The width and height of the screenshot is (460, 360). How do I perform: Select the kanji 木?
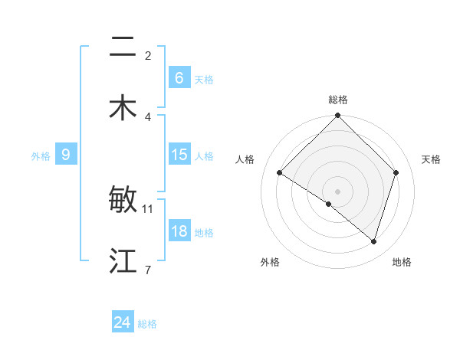coord(123,107)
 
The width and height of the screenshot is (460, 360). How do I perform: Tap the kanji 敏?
coord(123,200)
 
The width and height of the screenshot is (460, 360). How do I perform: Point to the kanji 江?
coord(123,260)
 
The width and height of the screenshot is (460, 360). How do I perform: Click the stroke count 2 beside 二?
coord(148,55)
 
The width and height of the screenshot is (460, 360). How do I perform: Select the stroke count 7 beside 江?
coord(148,270)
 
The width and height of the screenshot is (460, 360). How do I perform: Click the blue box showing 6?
coord(179,77)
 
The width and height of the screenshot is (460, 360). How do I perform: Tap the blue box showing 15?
coord(179,155)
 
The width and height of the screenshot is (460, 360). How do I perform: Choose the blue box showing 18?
coord(179,231)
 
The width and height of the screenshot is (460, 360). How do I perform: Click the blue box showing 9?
coord(66,155)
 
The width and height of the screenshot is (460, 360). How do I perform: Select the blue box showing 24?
coord(122,322)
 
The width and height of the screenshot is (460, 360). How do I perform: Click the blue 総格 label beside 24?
coord(147,324)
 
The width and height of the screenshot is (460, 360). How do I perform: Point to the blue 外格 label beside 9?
coord(41,156)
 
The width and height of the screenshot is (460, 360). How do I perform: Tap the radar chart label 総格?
coord(338,100)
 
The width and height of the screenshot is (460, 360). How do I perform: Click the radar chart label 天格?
coord(432,159)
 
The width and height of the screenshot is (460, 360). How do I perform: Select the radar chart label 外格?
coord(270,262)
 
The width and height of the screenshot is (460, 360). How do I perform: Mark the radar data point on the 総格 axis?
coord(337,116)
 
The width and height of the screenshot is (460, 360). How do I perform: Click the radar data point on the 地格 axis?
coord(374,242)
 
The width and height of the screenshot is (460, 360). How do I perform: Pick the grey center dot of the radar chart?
coord(337,191)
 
